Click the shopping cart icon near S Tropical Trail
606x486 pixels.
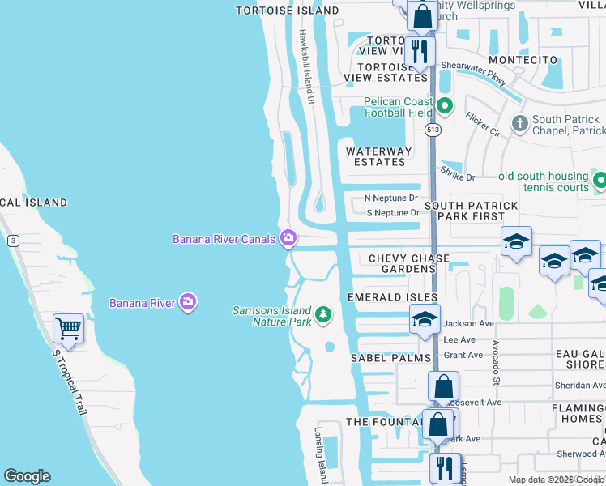coord(68,329)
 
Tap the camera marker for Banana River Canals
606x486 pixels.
coord(288,238)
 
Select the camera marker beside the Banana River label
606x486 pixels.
coord(188,302)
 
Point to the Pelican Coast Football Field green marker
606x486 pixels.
coord(444,106)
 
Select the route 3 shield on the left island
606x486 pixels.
coord(12,240)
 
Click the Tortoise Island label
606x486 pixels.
coord(287,11)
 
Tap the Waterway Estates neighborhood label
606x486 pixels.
coord(378,156)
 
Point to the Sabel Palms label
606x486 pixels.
coord(383,357)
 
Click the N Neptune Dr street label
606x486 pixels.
coord(391,198)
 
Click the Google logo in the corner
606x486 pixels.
coord(27,476)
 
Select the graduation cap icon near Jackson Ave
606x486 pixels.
coord(425,318)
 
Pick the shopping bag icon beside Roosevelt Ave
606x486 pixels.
coord(444,386)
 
